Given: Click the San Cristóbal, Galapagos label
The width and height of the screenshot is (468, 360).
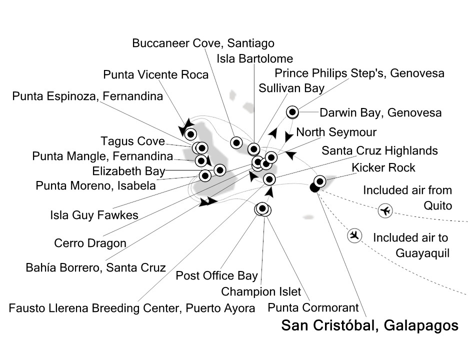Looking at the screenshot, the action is click(x=370, y=325).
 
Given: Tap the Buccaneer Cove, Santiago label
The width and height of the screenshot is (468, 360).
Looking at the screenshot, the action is click(x=203, y=43).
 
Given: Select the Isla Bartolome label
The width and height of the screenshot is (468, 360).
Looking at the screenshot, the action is click(x=254, y=59).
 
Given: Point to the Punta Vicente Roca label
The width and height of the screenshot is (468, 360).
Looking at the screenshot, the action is click(x=156, y=74).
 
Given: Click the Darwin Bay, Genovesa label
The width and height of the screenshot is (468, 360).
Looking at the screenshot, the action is click(x=380, y=113).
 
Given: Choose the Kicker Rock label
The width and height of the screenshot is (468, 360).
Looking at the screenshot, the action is click(x=383, y=168).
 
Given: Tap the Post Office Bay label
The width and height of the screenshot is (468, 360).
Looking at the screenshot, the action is click(x=216, y=276).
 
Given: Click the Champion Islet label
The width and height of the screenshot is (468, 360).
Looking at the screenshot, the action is click(x=261, y=291).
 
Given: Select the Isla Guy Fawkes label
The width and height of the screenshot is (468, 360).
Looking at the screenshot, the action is click(x=94, y=215).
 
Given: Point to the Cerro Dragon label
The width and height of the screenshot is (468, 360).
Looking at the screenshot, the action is click(x=90, y=243).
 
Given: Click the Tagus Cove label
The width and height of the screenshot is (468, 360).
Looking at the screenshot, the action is click(x=133, y=141).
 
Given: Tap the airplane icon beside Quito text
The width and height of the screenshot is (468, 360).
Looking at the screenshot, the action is click(x=385, y=210).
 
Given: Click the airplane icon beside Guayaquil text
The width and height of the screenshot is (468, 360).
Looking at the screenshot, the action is click(x=354, y=235).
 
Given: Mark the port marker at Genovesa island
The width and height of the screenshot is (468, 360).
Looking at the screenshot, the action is click(x=292, y=112).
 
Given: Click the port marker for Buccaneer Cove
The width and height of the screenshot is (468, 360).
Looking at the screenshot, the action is click(x=236, y=143).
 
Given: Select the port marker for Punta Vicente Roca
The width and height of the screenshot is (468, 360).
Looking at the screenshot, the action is click(x=190, y=134).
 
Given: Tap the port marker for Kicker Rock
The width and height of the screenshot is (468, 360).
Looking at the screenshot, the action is click(x=320, y=181).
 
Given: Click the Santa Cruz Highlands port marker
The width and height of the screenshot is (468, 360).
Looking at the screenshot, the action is click(x=269, y=179).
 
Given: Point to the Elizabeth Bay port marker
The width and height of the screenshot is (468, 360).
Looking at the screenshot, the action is click(x=220, y=170).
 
